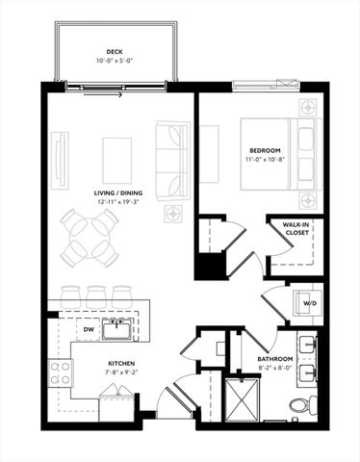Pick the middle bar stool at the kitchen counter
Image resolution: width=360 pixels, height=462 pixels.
click(96, 295)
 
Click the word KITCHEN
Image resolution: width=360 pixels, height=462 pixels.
click(120, 364)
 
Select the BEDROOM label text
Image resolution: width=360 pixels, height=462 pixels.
click(266, 151)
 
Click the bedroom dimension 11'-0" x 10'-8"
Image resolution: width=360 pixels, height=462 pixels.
click(266, 160)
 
